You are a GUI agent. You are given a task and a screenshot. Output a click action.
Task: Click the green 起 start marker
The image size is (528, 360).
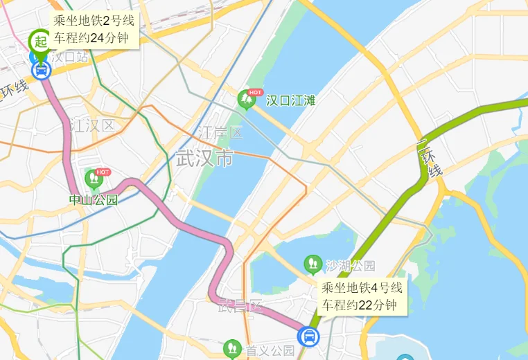click(x=41, y=41)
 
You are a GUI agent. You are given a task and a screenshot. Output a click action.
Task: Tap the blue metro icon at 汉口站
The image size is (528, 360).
click(x=42, y=70)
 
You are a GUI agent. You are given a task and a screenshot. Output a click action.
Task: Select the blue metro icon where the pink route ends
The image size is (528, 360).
click(x=308, y=337)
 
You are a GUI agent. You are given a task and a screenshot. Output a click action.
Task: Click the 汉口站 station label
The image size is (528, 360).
click(x=69, y=57)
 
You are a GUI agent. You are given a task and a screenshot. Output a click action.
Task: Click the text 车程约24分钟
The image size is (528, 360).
click(x=94, y=37)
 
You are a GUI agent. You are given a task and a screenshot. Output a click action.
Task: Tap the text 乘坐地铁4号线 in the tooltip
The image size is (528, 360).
click(x=360, y=287)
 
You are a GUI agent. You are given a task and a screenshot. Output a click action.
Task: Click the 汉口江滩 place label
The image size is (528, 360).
click(x=291, y=101)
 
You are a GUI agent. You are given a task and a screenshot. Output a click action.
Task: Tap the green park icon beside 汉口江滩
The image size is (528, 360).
click(x=245, y=100)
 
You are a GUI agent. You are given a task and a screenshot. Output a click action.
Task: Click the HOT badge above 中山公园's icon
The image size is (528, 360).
click(x=103, y=172)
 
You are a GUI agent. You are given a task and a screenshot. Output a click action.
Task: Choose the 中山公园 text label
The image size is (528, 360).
click(x=94, y=200)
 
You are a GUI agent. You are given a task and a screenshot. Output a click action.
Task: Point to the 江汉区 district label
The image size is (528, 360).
click(x=91, y=125)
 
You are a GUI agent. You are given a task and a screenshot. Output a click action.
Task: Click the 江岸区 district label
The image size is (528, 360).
click(x=220, y=132)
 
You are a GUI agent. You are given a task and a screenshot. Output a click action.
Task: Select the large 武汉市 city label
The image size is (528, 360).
click(x=204, y=158)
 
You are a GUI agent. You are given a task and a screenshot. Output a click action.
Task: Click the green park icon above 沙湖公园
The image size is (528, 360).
click(x=313, y=264)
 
